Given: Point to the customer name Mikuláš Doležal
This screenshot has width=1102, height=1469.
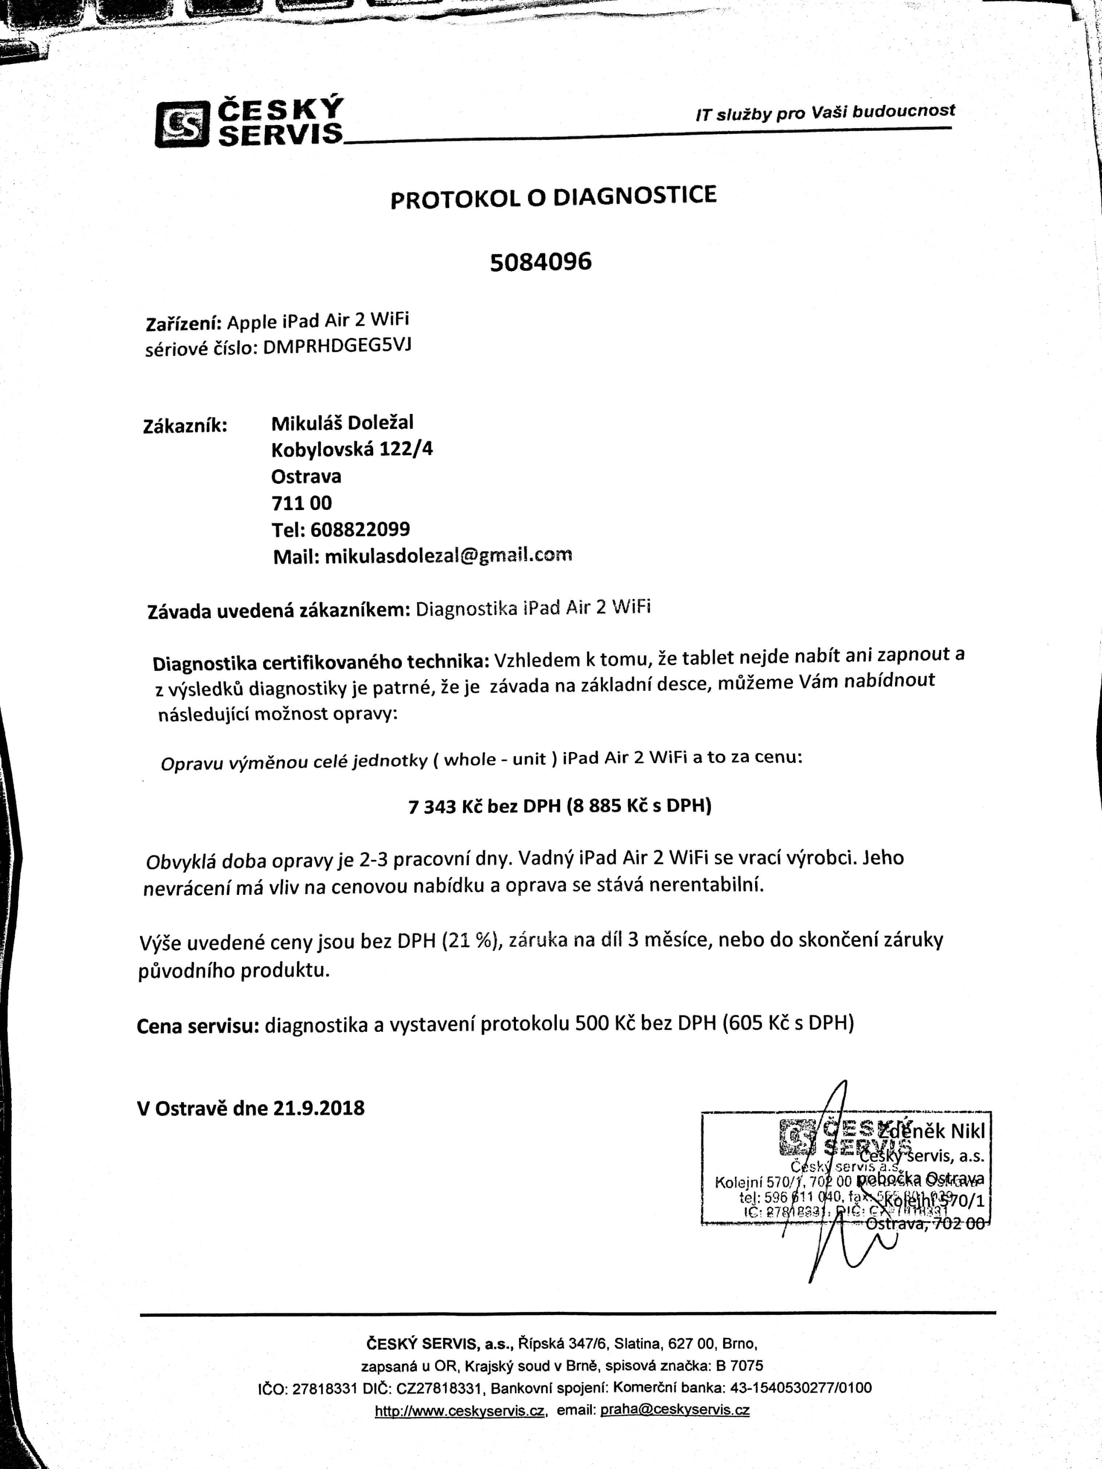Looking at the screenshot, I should [x=342, y=422].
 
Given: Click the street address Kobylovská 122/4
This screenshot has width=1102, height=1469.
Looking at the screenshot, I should [x=351, y=450].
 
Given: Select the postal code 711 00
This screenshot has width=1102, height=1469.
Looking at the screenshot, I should [x=302, y=503].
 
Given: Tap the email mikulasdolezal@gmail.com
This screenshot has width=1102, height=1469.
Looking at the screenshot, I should [x=448, y=555].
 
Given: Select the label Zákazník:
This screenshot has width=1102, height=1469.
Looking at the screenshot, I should [x=185, y=426].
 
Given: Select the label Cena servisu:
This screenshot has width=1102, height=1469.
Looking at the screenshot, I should [x=197, y=1026].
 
